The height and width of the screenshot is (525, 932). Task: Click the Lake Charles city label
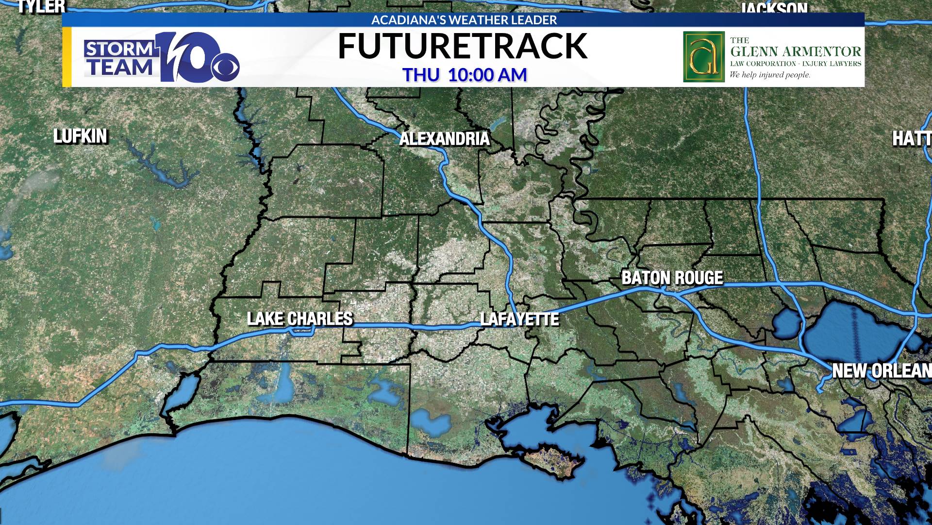click(x=300, y=319)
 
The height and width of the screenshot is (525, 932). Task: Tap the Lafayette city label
click(x=519, y=319)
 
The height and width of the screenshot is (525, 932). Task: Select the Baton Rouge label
click(x=672, y=278)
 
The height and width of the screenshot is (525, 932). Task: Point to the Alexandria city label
click(x=444, y=139)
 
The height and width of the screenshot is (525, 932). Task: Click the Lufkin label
click(x=80, y=137)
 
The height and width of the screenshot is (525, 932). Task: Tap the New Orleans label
click(x=881, y=371)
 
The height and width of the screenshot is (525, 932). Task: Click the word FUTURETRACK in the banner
click(x=463, y=47)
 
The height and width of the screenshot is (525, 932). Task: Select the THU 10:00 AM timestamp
click(x=465, y=75)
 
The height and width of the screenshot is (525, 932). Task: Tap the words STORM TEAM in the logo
click(x=119, y=58)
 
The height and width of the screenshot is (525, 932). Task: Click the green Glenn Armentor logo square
click(x=703, y=57)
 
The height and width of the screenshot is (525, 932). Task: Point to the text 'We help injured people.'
click(x=770, y=75)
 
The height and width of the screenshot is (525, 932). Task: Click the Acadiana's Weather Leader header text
click(x=464, y=20)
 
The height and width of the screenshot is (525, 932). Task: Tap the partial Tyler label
click(x=41, y=6)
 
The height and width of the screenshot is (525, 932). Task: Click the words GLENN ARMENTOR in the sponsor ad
click(x=796, y=52)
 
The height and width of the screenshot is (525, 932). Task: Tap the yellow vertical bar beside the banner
click(x=67, y=57)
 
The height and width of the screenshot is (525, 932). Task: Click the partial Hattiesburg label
click(x=912, y=139)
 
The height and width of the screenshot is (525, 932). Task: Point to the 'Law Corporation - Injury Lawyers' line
click(x=796, y=64)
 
